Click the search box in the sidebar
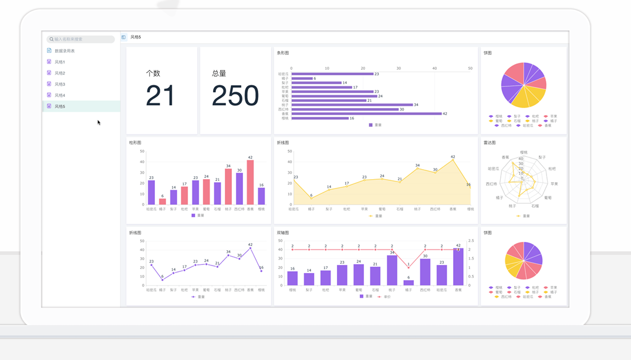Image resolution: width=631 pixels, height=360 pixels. (81, 39)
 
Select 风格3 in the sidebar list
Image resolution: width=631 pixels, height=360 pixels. (59, 84)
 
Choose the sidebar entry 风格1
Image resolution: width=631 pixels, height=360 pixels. (59, 62)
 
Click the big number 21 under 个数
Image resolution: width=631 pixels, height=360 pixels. (161, 96)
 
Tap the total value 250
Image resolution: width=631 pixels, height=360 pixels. (235, 96)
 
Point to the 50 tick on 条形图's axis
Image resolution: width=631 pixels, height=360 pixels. (470, 69)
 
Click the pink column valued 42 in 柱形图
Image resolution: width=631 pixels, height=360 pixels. (250, 182)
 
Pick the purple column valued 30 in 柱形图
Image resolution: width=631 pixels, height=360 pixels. (239, 189)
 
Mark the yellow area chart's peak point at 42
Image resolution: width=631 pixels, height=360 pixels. (453, 160)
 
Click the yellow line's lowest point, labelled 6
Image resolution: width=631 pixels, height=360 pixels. (311, 198)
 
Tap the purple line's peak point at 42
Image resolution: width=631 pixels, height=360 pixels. (250, 248)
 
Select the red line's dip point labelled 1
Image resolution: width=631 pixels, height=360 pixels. (409, 268)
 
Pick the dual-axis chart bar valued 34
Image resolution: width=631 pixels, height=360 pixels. (392, 270)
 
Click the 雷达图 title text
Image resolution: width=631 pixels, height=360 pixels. (490, 143)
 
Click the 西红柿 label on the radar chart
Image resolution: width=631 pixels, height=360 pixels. (491, 184)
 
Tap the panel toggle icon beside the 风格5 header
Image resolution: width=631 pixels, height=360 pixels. (124, 37)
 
